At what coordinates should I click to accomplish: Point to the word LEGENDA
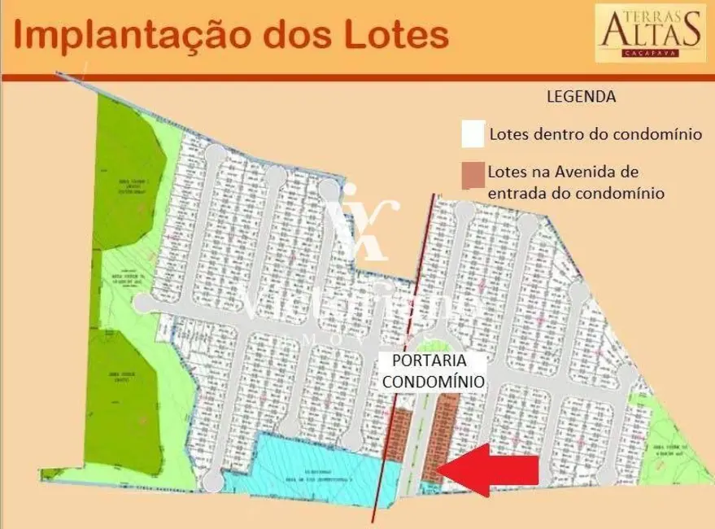[580, 97]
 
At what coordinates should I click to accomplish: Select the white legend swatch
[473, 134]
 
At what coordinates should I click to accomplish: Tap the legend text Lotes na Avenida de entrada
[576, 183]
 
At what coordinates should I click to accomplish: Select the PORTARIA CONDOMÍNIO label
[433, 370]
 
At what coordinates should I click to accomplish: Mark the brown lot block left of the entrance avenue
[400, 439]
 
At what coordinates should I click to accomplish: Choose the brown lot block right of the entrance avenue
[444, 431]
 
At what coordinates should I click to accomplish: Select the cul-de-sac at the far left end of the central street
[142, 303]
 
